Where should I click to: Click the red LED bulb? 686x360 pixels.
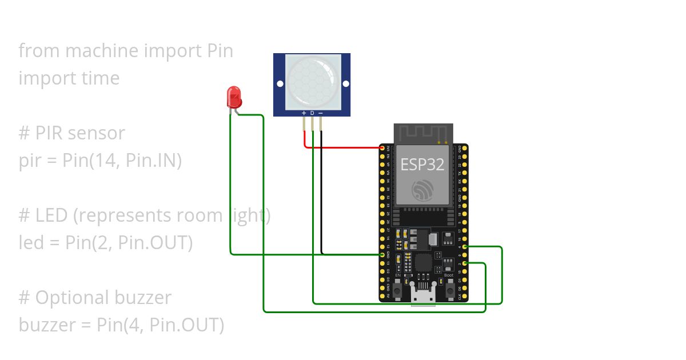[234, 98]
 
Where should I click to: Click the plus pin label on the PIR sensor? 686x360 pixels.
[304, 113]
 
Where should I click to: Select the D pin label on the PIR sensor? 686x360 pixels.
[312, 113]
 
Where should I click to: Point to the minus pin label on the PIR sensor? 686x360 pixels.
[321, 113]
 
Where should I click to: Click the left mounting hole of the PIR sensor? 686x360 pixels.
[280, 83]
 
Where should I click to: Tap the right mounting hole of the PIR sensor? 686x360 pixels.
[345, 83]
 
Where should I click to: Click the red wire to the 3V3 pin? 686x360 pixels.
[343, 147]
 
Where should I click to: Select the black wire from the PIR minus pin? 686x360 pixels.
[321, 194]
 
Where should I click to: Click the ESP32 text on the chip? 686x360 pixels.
[422, 165]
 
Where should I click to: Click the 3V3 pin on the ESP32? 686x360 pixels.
[382, 148]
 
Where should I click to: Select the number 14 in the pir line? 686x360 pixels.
[100, 161]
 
